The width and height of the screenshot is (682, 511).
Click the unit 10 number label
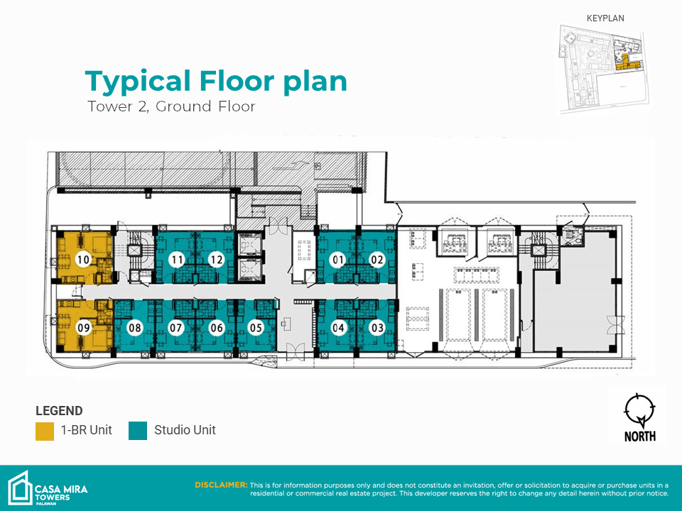click(83, 260)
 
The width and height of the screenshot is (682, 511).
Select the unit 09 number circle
click(84, 327)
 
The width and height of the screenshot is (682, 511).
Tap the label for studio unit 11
click(177, 260)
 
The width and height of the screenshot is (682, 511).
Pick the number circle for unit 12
click(216, 260)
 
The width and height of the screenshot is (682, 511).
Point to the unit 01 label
click(338, 260)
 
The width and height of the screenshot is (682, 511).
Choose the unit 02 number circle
click(377, 260)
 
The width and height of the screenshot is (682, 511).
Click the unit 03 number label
click(377, 327)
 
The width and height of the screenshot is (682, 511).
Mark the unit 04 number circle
click(338, 327)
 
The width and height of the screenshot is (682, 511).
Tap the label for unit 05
click(256, 327)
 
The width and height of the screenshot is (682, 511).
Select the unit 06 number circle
click(217, 327)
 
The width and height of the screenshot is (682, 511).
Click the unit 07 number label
click(175, 327)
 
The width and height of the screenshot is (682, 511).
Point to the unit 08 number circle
click(135, 327)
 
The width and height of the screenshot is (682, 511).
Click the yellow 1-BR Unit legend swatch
click(45, 431)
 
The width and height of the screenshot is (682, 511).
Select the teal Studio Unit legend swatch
click(138, 431)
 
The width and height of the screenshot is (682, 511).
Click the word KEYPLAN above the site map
click(605, 18)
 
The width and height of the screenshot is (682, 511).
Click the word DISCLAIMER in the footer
click(221, 485)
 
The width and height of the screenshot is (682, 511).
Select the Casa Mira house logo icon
click(20, 488)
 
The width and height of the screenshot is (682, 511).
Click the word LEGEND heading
click(59, 411)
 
